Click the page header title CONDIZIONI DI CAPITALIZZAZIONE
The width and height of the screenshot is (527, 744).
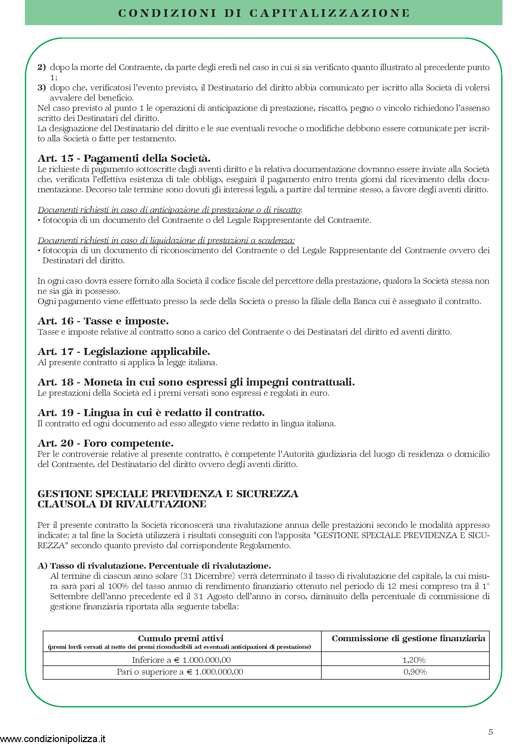pos(263,13)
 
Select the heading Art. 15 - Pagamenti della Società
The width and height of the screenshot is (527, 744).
pos(124,158)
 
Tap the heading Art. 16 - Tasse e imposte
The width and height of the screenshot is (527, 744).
pos(103,321)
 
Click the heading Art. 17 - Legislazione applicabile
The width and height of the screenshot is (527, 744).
pos(124,351)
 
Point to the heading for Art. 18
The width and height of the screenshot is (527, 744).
pos(196,382)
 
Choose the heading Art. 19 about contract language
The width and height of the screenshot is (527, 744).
pos(151,413)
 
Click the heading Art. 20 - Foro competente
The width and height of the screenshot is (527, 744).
pos(106,443)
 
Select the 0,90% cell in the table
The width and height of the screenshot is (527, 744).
pos(415,672)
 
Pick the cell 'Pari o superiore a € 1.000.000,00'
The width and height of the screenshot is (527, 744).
pos(180,672)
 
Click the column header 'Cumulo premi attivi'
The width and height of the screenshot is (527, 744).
pos(180,638)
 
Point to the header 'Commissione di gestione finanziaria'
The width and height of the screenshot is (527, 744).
pos(408,638)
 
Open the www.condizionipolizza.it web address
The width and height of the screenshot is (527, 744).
pos(53,739)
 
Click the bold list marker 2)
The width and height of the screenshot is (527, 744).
pos(42,67)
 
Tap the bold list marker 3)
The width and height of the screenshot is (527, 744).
pos(42,88)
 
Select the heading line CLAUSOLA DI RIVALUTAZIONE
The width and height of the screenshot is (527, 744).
pos(122,504)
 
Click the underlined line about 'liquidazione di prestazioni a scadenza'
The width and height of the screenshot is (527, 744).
pos(166,240)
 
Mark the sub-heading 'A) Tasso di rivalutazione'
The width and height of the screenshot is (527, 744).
pos(154,566)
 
